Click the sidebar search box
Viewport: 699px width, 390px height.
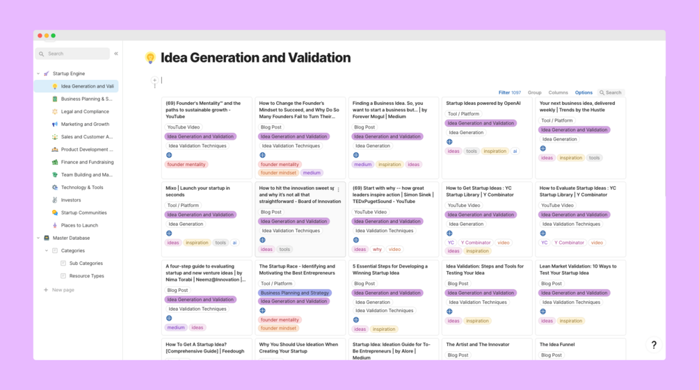coord(72,54)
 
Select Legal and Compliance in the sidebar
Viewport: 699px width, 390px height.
coord(85,111)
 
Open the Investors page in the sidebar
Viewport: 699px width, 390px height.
coord(71,200)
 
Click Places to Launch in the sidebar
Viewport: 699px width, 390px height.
coord(79,225)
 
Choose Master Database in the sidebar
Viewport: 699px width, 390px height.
coord(71,238)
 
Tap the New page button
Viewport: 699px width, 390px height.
coord(63,290)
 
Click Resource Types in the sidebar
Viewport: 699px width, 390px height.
coord(86,276)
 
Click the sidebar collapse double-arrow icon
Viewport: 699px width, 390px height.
coord(116,54)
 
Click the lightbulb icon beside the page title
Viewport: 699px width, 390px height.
coord(150,58)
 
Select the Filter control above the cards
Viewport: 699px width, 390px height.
coord(509,92)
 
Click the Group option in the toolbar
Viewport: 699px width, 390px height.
coord(534,92)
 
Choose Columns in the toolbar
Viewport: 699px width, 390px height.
coord(558,92)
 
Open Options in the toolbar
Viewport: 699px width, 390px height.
coord(584,92)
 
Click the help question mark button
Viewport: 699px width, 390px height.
coord(653,345)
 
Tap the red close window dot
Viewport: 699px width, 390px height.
coord(40,35)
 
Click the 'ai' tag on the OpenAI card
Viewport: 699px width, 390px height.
coord(515,151)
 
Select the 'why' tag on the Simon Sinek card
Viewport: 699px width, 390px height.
coord(377,249)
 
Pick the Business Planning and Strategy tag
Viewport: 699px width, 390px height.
coord(294,293)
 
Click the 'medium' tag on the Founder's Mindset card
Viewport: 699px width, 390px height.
coord(312,173)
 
